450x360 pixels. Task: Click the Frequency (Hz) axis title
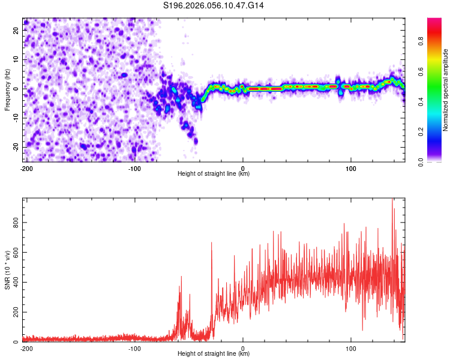point(7,89)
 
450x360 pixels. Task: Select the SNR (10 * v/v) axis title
point(7,269)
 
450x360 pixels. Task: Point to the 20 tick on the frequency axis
point(17,31)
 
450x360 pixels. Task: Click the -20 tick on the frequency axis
point(16,147)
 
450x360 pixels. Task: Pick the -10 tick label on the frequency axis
point(16,118)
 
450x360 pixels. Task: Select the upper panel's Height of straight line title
point(214,174)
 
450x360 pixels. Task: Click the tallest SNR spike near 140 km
point(392,199)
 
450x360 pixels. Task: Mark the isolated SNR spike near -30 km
point(212,242)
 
